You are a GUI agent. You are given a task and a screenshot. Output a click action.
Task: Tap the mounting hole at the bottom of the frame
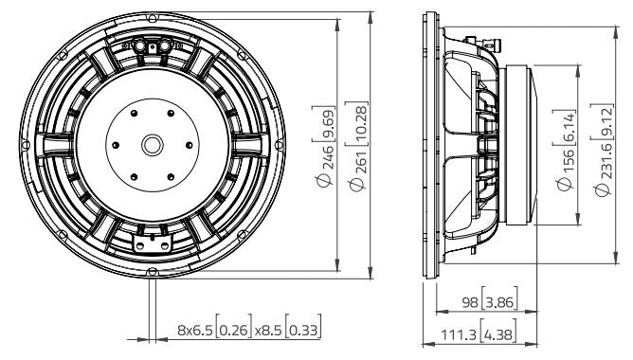click(152, 273)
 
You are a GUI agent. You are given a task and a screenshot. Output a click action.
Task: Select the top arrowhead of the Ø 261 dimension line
click(365, 18)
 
